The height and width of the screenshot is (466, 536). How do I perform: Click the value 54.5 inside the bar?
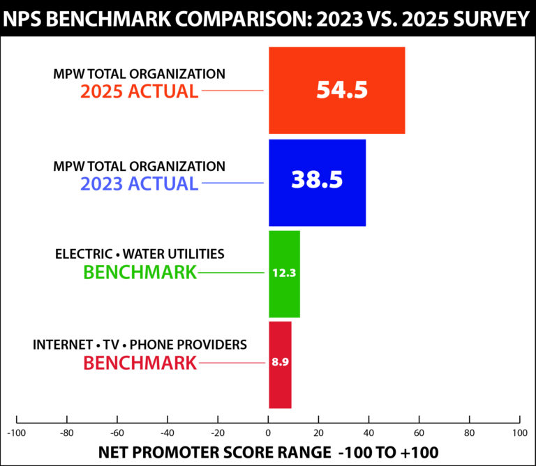tap(341, 90)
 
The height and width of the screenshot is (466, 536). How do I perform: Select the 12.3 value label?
tap(284, 273)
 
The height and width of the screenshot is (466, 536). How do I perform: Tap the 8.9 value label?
tap(280, 362)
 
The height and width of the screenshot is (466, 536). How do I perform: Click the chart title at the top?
tap(268, 17)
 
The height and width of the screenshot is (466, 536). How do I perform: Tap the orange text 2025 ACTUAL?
tap(139, 91)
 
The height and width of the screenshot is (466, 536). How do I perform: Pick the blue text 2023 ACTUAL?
tap(139, 184)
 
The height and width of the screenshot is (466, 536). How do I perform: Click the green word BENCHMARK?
tap(140, 272)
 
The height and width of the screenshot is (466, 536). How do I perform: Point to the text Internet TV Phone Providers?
tap(140, 345)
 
